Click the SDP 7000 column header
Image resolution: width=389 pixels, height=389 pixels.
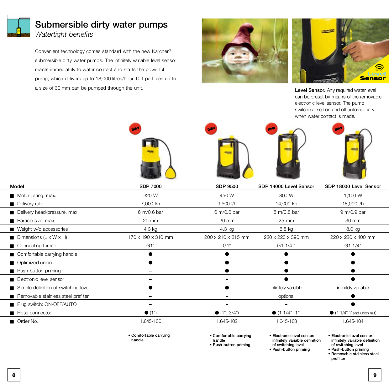[x=150, y=187]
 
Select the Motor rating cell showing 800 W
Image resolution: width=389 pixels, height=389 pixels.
[x=286, y=196]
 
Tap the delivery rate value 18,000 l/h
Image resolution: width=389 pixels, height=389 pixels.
[x=353, y=204]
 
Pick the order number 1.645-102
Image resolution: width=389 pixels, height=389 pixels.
[x=227, y=321]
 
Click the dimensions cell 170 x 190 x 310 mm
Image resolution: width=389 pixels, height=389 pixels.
[x=150, y=237]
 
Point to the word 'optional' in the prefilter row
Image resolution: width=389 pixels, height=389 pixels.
[x=286, y=296]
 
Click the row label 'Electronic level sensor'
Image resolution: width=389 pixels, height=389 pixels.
[x=40, y=279]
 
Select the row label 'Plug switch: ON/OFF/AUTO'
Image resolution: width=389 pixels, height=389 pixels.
[x=47, y=304]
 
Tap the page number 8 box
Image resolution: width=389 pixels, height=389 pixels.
[x=14, y=375]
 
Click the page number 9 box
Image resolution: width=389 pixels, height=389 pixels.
[x=375, y=375]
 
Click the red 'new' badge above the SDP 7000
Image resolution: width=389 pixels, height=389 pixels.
[x=135, y=129]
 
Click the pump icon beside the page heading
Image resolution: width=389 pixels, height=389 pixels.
[x=18, y=26]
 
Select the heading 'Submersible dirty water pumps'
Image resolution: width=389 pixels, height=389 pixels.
[x=101, y=24]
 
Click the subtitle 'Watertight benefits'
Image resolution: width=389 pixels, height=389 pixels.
[x=64, y=34]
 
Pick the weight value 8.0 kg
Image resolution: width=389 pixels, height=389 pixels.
[x=353, y=229]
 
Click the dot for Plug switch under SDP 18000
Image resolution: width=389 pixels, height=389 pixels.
[x=353, y=304]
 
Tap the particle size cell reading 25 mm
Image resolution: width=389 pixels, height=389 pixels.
[x=286, y=221]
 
